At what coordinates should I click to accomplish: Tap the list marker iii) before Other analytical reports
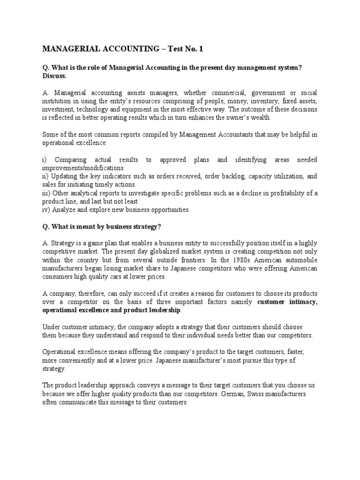47,193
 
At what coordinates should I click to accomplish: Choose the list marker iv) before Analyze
46,210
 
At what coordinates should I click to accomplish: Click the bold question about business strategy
102,226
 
